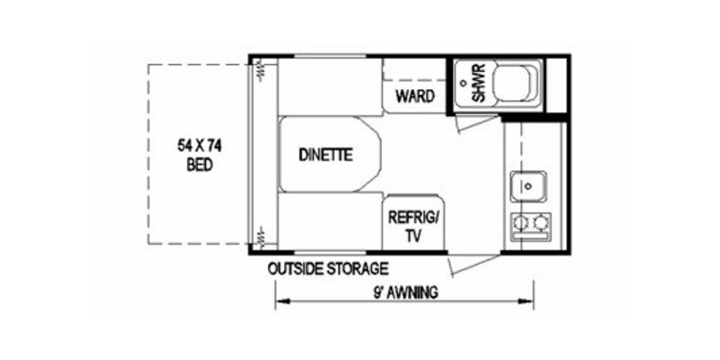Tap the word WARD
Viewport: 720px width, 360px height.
[415, 95]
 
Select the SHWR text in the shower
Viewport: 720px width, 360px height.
[479, 84]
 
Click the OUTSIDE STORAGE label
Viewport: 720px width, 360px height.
[328, 268]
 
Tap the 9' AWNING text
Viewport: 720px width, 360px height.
[404, 292]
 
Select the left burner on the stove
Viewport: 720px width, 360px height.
[520, 222]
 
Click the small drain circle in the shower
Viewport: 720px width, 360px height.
[462, 82]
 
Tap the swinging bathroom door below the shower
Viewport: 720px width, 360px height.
[469, 123]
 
